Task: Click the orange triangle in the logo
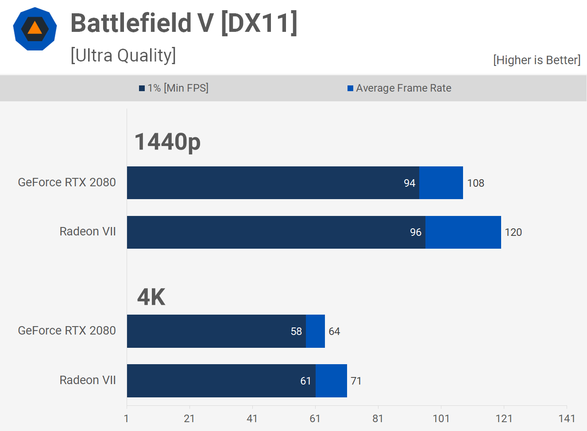pyautogui.click(x=35, y=28)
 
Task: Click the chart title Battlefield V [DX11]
pyautogui.click(x=184, y=23)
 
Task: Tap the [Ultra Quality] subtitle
pyautogui.click(x=123, y=56)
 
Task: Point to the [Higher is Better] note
pyautogui.click(x=537, y=60)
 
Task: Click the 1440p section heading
pyautogui.click(x=167, y=142)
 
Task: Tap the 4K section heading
pyautogui.click(x=151, y=297)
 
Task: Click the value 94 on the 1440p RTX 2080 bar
pyautogui.click(x=409, y=183)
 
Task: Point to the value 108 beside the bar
pyautogui.click(x=475, y=183)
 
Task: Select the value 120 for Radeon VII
pyautogui.click(x=513, y=232)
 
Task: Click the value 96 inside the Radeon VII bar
pyautogui.click(x=416, y=232)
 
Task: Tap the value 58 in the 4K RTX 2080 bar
pyautogui.click(x=296, y=331)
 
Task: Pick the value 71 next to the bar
pyautogui.click(x=356, y=381)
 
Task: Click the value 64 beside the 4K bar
pyautogui.click(x=334, y=331)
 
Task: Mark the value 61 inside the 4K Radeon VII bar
pyautogui.click(x=305, y=381)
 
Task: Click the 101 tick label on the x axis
pyautogui.click(x=441, y=419)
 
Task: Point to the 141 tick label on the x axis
pyautogui.click(x=567, y=419)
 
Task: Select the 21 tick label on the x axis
pyautogui.click(x=189, y=419)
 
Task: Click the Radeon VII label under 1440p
pyautogui.click(x=88, y=231)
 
